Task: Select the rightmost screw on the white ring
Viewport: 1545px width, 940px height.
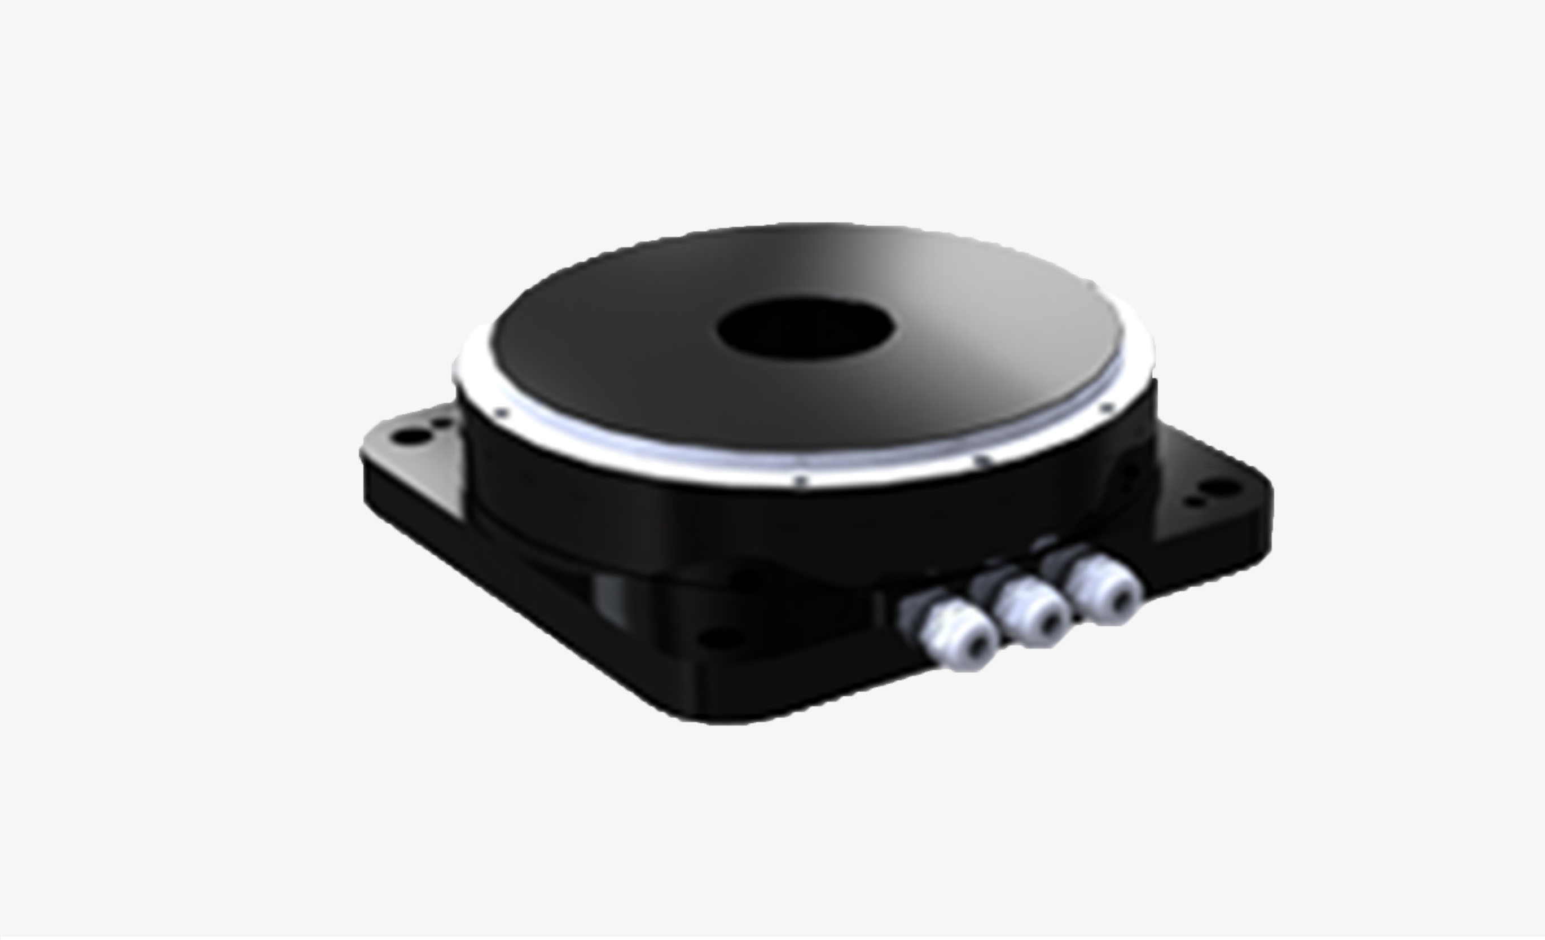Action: (x=1107, y=408)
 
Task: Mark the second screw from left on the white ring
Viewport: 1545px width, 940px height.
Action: (x=801, y=481)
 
